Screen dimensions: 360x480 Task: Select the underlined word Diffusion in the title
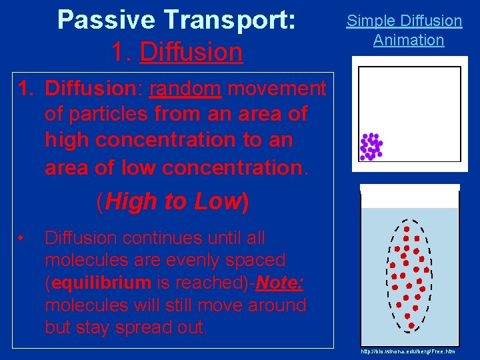tap(191, 51)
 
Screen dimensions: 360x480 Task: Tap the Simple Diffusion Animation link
tap(405, 31)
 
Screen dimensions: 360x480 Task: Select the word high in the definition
tap(69, 140)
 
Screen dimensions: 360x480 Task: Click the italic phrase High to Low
tap(173, 201)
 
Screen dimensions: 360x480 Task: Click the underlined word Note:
tap(279, 283)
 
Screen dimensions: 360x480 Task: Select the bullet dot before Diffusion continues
tap(22, 239)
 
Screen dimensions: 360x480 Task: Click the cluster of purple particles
tap(371, 146)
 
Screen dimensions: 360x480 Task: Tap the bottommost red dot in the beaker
tap(411, 325)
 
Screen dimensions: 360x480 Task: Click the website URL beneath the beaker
tap(407, 351)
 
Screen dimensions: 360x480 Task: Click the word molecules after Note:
tap(81, 305)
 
